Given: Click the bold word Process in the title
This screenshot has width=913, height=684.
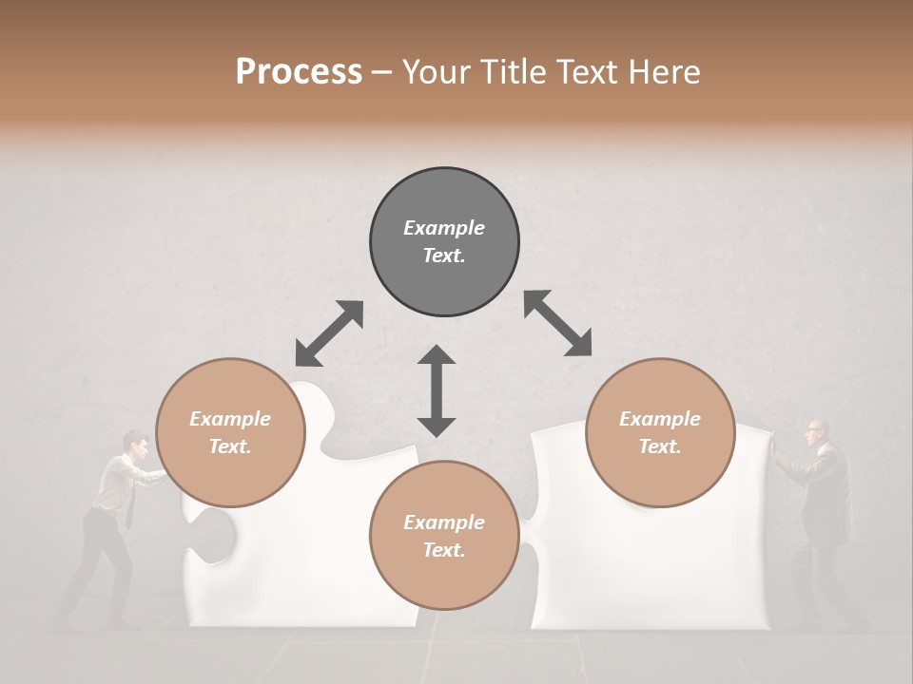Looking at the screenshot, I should [299, 72].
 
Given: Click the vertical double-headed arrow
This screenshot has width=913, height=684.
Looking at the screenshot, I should [437, 390].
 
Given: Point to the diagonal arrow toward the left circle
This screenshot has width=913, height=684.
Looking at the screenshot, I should [329, 333].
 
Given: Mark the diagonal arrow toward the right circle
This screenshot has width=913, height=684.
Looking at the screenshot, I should [557, 323].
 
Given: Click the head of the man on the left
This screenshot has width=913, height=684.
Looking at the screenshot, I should [136, 443].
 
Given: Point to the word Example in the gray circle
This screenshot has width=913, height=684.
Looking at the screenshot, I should [444, 228].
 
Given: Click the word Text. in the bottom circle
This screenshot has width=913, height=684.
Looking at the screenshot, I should [444, 550].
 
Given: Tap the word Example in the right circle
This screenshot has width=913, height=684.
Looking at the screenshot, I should [660, 419].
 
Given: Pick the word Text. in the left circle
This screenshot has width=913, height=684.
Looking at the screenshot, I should [230, 446].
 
